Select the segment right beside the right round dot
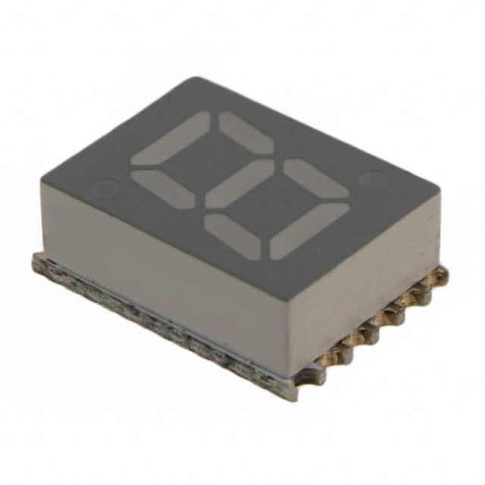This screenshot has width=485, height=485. pyautogui.click(x=315, y=177)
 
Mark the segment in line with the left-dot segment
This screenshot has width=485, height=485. pyautogui.click(x=232, y=236)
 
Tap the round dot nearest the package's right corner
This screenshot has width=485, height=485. pyautogui.click(x=372, y=180)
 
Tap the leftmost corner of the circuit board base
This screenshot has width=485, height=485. pyautogui.click(x=35, y=261)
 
